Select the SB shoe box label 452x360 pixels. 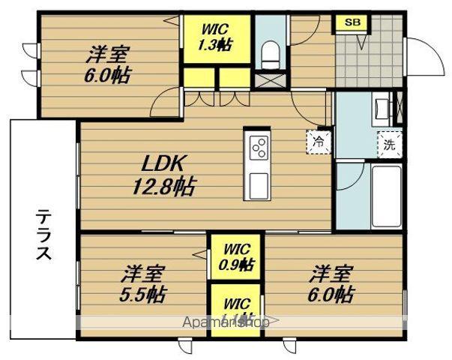pyautogui.click(x=352, y=22)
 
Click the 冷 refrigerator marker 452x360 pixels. pyautogui.click(x=319, y=139)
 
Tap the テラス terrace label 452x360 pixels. pyautogui.click(x=43, y=235)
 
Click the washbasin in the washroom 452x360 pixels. pyautogui.click(x=381, y=109)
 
